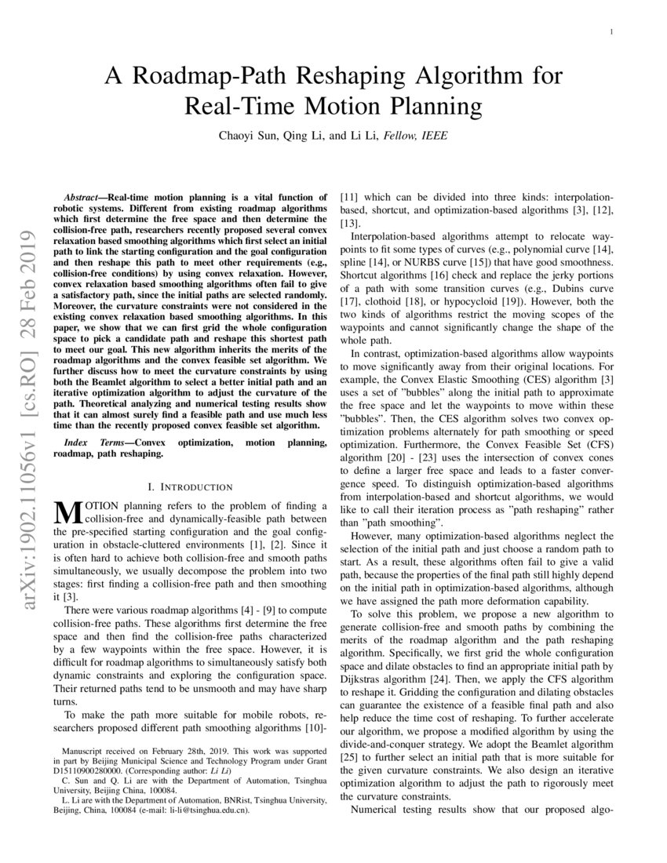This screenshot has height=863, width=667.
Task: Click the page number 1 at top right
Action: (611, 31)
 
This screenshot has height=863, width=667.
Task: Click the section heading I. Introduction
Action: (185, 487)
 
